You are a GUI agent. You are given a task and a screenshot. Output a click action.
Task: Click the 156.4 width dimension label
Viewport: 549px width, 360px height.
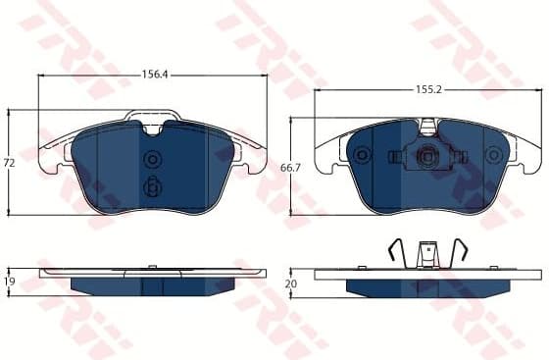click(152, 73)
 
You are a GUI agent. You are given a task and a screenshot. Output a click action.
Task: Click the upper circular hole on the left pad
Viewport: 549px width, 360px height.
click(152, 160)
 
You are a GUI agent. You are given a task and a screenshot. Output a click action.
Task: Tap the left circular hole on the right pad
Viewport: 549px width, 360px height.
click(361, 155)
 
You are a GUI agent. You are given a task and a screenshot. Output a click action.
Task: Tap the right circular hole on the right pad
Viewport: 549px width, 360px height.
click(494, 155)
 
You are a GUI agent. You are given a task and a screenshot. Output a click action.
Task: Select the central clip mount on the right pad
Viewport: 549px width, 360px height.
click(427, 156)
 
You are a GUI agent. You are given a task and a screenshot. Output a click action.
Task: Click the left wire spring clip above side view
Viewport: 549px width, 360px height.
click(396, 253)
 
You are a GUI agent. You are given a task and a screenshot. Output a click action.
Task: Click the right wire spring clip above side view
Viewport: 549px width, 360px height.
click(454, 253)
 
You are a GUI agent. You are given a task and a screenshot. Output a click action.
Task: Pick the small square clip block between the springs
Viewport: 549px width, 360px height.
click(426, 253)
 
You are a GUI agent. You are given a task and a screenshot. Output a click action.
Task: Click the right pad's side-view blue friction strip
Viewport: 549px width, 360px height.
click(426, 285)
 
